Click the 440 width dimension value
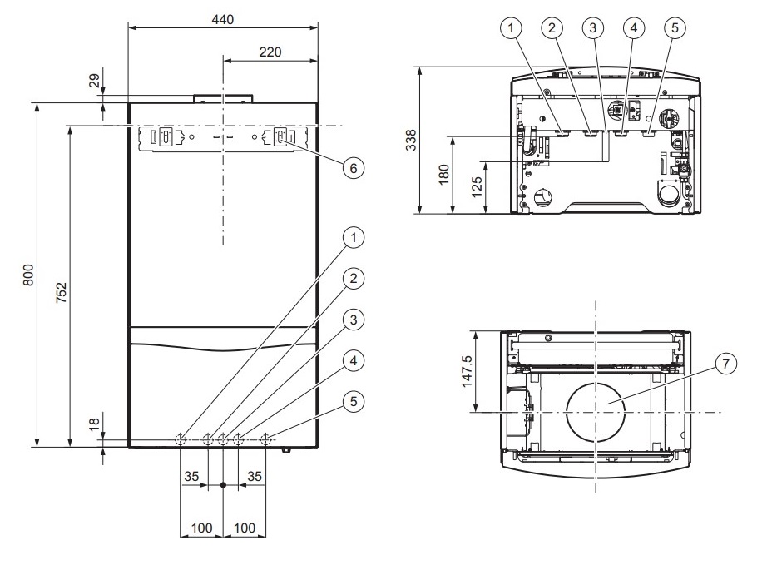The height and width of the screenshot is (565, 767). [223, 20]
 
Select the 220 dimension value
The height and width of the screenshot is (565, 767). [270, 52]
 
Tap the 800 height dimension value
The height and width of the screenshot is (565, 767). [29, 275]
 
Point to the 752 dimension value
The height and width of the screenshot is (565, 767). [62, 292]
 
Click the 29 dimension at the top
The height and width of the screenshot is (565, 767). [94, 80]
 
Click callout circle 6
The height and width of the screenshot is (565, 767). [354, 168]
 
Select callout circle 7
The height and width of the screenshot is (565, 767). [725, 364]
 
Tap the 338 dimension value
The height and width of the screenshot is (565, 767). [411, 140]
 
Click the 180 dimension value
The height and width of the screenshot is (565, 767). [443, 175]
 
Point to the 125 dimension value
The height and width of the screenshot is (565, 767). [477, 187]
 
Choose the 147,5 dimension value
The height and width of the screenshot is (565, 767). [468, 371]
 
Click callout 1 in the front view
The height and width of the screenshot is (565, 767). [354, 238]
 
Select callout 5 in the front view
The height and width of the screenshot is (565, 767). [354, 402]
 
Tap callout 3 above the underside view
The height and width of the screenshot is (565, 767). [593, 27]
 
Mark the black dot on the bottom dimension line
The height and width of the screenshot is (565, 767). [223, 485]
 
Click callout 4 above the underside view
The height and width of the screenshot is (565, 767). [634, 27]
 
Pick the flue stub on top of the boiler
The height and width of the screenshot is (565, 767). [223, 98]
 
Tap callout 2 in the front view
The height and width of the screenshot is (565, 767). [354, 279]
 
